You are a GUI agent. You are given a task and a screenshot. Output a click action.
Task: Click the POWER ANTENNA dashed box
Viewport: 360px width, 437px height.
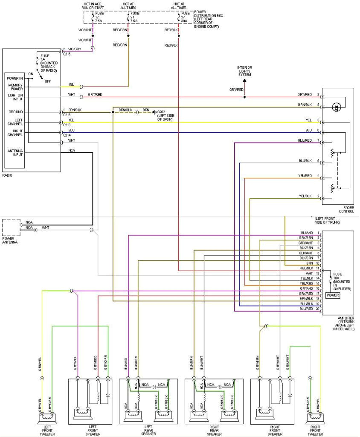click(11, 227)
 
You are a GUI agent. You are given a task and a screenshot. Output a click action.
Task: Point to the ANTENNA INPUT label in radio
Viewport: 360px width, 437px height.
click(15, 153)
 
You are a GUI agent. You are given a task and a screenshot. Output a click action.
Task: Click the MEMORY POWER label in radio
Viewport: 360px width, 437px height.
click(15, 87)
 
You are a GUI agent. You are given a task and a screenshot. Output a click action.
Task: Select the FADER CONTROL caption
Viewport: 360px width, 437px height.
click(346, 209)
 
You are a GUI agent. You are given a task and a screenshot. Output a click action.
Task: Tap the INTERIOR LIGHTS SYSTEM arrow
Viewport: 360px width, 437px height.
click(244, 79)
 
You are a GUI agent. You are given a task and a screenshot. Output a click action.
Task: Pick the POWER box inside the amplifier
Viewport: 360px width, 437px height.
click(333, 295)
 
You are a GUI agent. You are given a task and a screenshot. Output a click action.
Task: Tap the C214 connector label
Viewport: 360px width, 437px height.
click(66, 135)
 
